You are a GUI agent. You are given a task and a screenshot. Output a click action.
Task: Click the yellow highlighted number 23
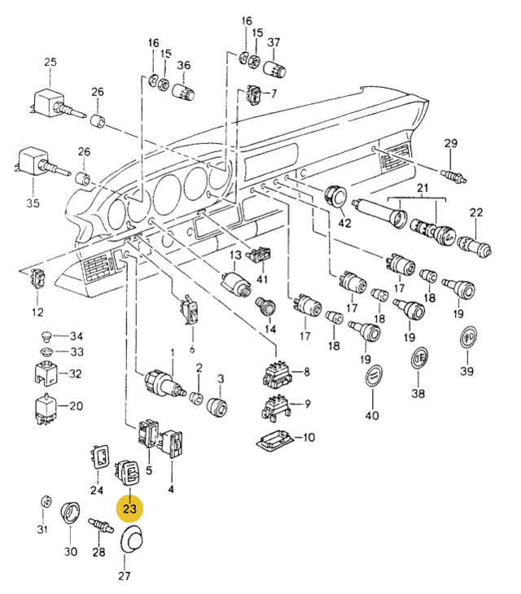pyautogui.click(x=129, y=509)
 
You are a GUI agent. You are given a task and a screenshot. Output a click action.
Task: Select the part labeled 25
pyautogui.click(x=55, y=103)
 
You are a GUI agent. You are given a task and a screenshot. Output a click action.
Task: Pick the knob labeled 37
pyautogui.click(x=274, y=68)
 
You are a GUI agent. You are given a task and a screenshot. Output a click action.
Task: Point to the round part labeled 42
pyautogui.click(x=335, y=196)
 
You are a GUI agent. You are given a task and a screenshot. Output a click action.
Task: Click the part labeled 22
pyautogui.click(x=475, y=245)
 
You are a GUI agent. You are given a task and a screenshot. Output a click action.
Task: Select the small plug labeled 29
pyautogui.click(x=453, y=176)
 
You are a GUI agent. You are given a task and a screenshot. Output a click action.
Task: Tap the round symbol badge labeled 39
pyautogui.click(x=468, y=337)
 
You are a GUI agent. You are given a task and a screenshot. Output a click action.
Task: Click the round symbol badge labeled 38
pyautogui.click(x=419, y=357)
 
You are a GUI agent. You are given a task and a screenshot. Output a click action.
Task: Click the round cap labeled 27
pyautogui.click(x=131, y=539)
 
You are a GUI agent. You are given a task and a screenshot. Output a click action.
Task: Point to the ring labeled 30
pyautogui.click(x=70, y=512)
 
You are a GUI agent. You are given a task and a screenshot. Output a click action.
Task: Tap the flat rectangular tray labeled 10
pyautogui.click(x=275, y=439)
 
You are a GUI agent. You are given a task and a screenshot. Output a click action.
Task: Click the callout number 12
pyautogui.click(x=37, y=312)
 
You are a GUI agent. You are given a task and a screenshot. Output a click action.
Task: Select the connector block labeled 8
pyautogui.click(x=278, y=374)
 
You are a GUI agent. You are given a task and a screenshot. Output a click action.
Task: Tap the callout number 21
pyautogui.click(x=422, y=188)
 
